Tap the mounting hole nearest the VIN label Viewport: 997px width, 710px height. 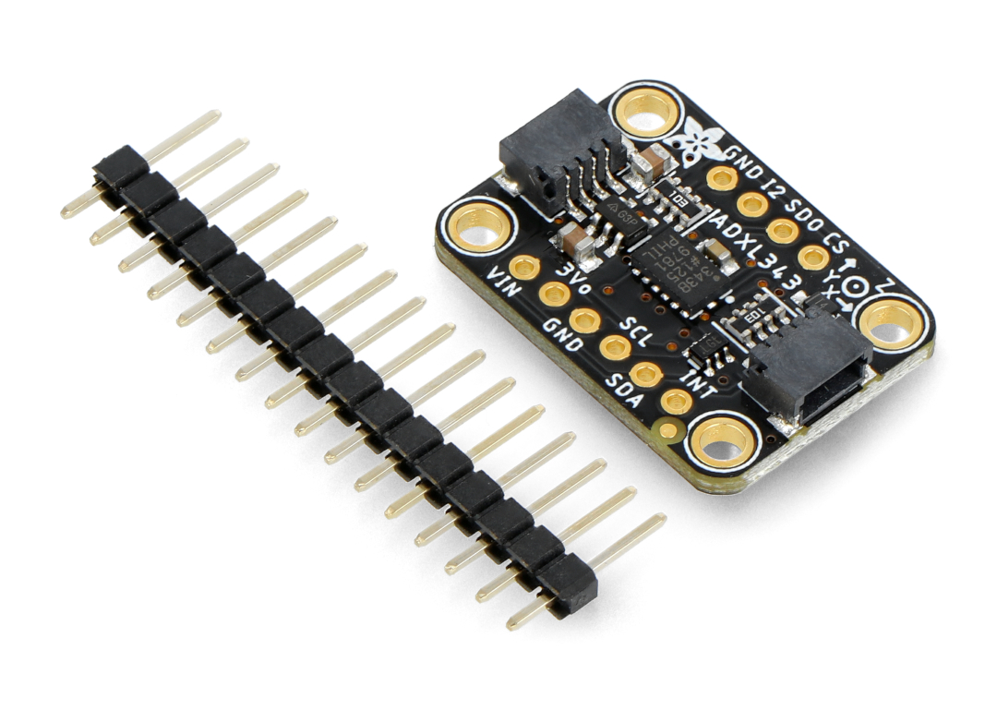click(x=478, y=228)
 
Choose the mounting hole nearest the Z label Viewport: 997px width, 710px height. click(x=892, y=322)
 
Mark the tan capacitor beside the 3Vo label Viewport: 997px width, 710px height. click(x=579, y=242)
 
